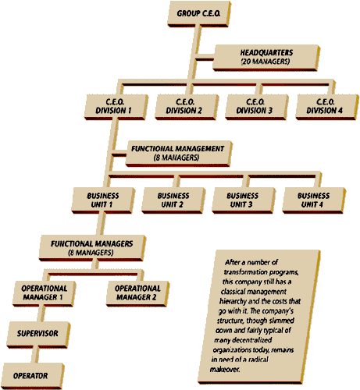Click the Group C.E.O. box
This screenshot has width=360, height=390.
pos(199,14)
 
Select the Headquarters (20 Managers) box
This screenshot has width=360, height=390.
pos(266,58)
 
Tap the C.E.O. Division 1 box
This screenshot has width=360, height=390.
pos(116,107)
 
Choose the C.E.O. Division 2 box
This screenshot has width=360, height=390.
pos(187,107)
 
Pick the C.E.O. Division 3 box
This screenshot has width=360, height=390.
pos(257,107)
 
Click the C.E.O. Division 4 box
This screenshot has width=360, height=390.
pos(327,107)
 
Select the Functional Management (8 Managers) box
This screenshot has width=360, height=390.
pos(179,154)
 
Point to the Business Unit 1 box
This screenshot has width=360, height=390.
pos(103,200)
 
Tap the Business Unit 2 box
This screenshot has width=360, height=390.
pos(173,200)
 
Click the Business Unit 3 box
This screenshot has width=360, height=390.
pos(244,200)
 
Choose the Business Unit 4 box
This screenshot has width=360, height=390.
pos(314,200)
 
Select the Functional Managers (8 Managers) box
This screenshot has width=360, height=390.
pos(92,248)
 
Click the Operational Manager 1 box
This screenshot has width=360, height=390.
pos(45,293)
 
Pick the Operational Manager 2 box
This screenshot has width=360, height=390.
pos(137,293)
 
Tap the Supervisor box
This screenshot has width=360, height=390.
pos(38,335)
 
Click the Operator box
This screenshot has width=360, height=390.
pos(32,376)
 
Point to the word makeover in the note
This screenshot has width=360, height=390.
pos(225,369)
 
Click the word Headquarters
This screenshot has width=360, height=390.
pos(266,53)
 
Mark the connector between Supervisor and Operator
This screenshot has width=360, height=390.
pos(34,355)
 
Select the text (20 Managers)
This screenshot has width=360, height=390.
pos(266,62)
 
